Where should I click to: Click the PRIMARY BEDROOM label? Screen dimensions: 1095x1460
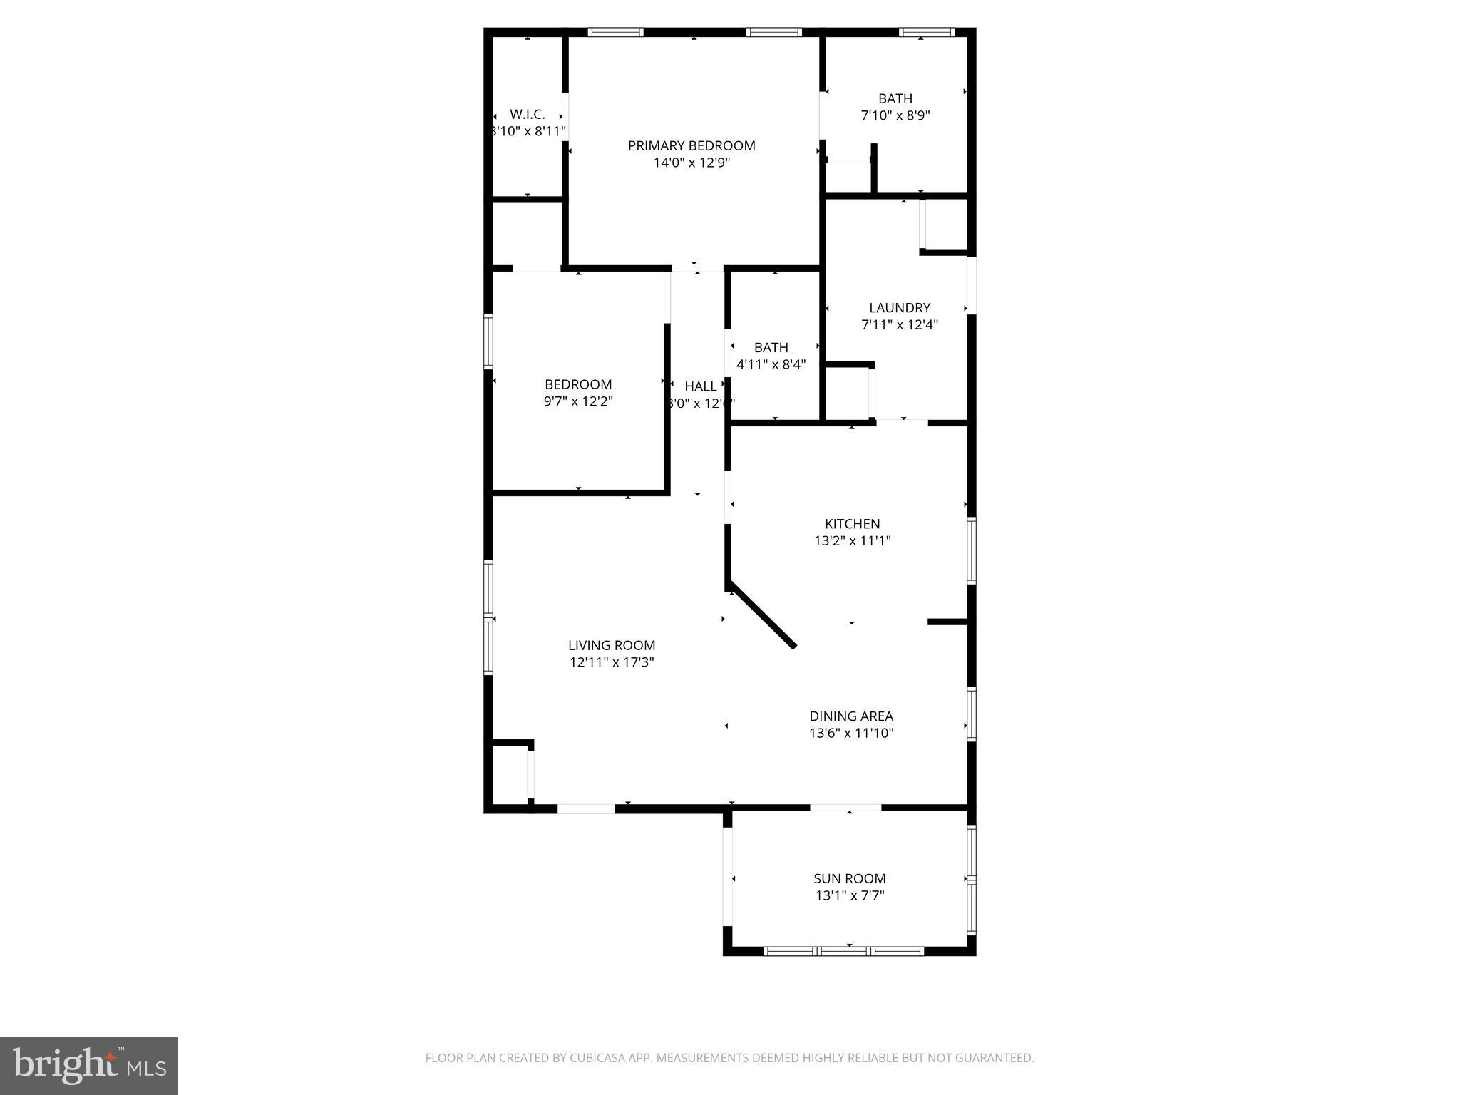(691, 145)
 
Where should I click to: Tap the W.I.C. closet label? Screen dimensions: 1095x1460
(528, 114)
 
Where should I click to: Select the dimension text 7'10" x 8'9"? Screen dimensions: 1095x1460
(895, 115)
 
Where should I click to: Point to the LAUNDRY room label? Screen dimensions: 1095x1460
(900, 308)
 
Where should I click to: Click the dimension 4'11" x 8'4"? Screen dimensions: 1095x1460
(771, 364)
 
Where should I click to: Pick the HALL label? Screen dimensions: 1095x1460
(700, 386)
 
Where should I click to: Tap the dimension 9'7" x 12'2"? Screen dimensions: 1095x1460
(578, 401)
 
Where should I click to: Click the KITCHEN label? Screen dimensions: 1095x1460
(853, 524)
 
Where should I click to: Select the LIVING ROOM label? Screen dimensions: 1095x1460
(612, 645)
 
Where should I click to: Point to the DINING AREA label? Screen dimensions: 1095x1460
(851, 716)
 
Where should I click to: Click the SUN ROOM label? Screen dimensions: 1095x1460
(850, 879)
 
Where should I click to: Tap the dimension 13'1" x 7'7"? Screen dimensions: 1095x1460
(850, 896)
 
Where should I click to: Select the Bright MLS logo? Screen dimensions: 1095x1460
(89, 1065)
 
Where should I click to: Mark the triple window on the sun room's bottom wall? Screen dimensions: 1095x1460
(844, 950)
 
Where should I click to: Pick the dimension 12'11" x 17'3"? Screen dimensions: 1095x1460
(612, 662)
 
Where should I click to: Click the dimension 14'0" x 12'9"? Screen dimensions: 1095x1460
(691, 163)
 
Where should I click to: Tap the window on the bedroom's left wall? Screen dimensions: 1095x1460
(488, 342)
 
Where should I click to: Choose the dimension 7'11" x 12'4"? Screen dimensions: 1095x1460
(900, 325)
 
